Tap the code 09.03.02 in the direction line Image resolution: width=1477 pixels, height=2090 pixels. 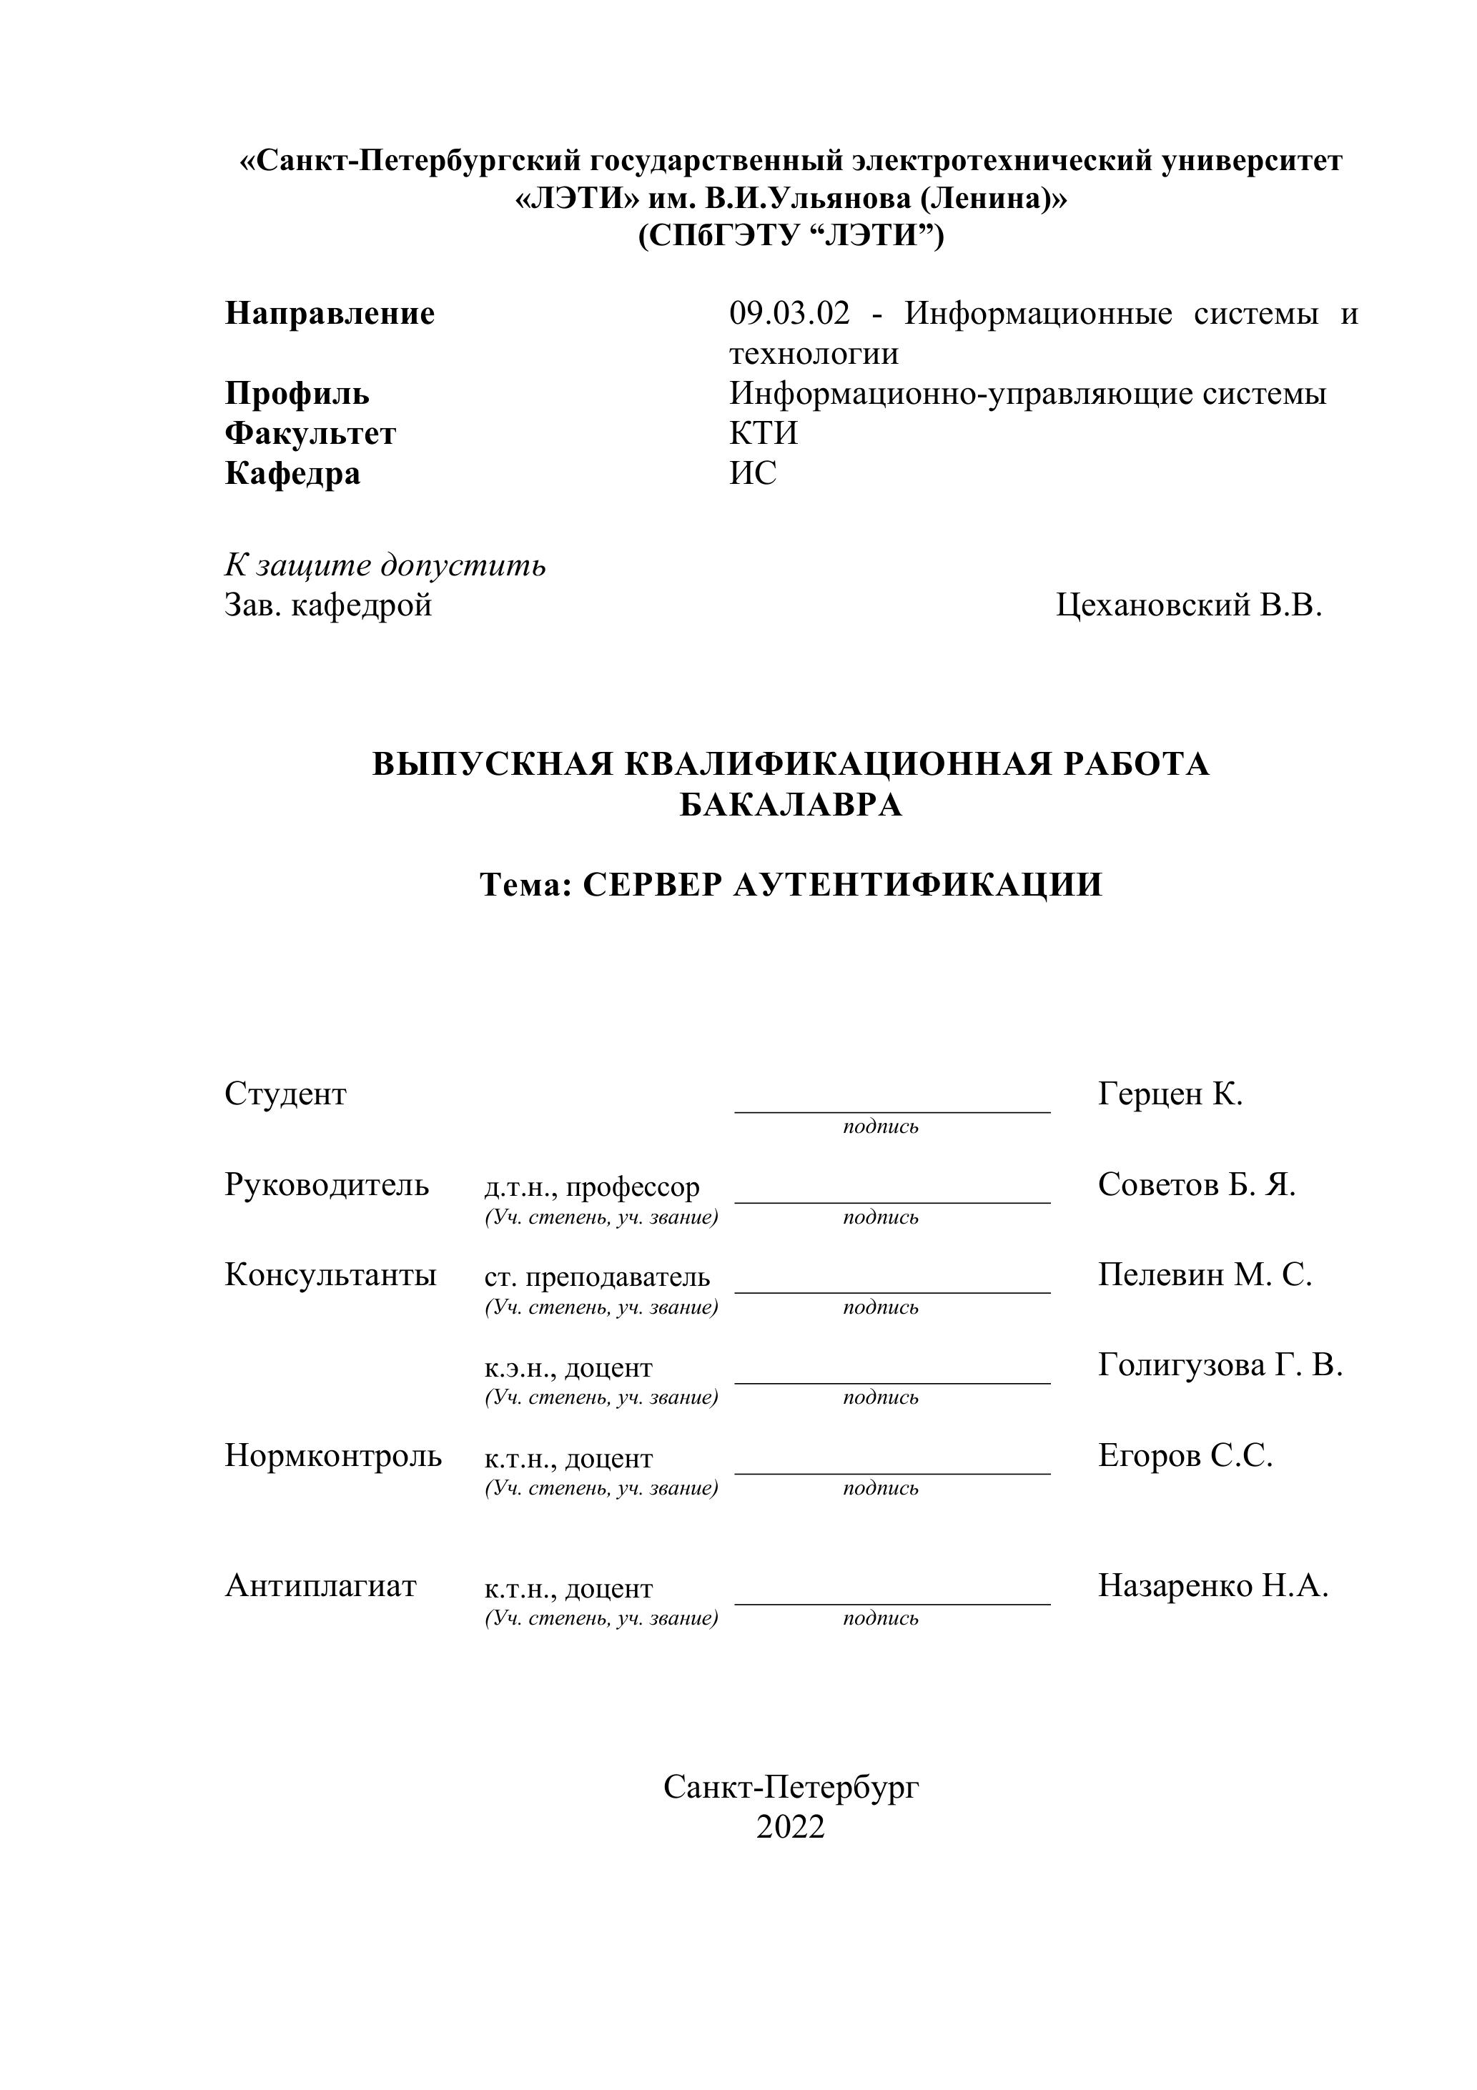[789, 314]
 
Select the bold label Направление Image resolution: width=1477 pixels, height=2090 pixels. [330, 314]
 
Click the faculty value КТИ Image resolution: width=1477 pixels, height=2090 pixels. [763, 433]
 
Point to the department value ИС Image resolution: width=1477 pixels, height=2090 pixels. [752, 473]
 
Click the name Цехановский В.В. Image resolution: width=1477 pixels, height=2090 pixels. [1188, 605]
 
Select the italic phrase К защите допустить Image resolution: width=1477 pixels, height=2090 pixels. [385, 565]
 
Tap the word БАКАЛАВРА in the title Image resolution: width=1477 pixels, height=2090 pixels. [791, 805]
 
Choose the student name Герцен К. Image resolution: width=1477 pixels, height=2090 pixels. [1170, 1093]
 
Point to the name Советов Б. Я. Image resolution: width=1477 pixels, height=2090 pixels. [1195, 1184]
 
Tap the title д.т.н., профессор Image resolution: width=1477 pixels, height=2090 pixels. [592, 1187]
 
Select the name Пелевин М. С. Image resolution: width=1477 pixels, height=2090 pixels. [1204, 1274]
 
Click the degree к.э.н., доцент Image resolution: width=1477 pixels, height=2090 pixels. [568, 1368]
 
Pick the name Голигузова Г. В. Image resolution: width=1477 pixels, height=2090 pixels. [1220, 1365]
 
